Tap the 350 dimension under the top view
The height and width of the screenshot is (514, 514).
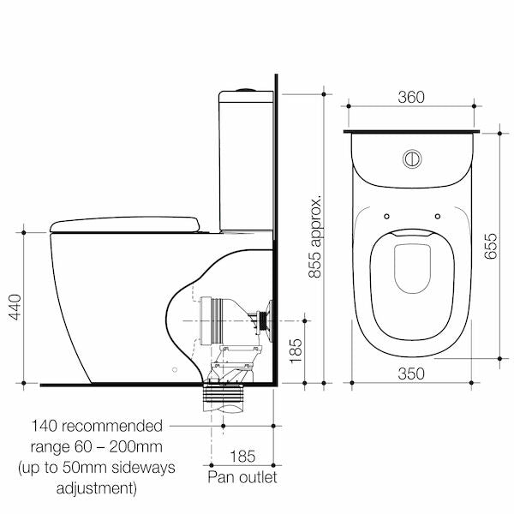412,373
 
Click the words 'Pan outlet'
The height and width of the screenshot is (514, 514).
242,475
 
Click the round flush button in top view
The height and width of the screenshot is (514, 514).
412,159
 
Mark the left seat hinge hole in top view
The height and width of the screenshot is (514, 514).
386,215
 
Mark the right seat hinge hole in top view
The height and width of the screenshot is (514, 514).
438,215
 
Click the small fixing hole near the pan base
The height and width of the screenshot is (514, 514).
174,369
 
